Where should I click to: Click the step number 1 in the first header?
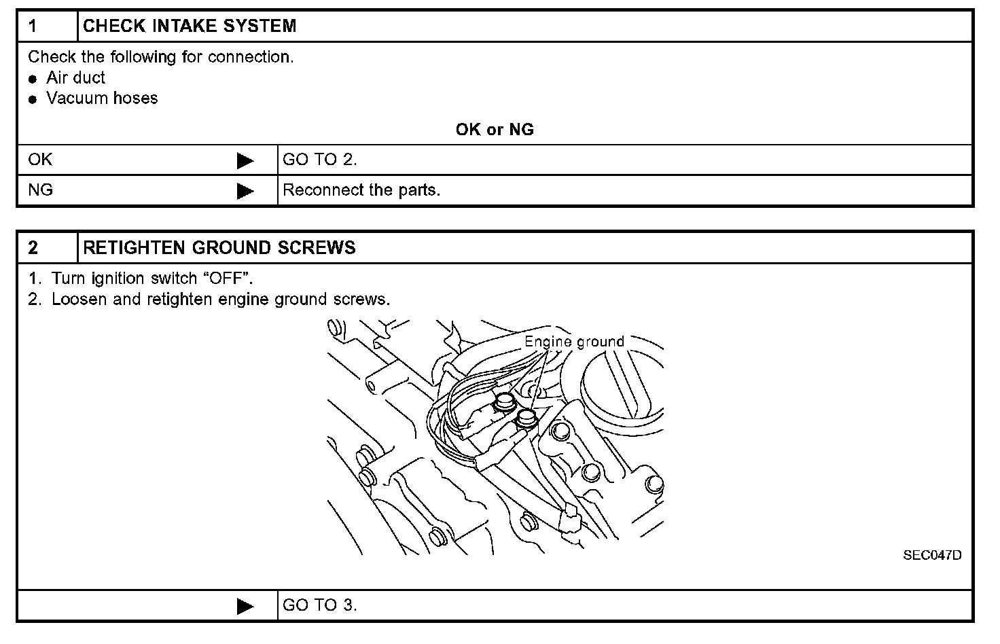tap(33, 26)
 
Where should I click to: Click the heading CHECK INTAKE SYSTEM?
tap(190, 26)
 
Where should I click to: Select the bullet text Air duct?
tap(75, 78)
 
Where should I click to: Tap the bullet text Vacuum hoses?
tap(102, 99)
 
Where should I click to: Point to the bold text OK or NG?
tap(495, 130)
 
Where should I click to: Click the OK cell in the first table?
tap(40, 160)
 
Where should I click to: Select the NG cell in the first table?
tap(40, 190)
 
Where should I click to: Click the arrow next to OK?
tap(245, 161)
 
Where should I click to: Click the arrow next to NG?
tap(245, 192)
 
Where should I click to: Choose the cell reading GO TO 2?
tap(319, 160)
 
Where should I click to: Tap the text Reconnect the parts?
tap(361, 190)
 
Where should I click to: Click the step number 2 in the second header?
tap(33, 248)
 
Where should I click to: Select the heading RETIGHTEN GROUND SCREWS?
tap(219, 248)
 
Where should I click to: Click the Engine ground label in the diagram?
tap(574, 342)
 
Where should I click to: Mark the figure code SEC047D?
tap(932, 555)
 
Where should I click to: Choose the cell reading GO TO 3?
tap(319, 605)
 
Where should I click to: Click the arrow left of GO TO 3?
tap(245, 607)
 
